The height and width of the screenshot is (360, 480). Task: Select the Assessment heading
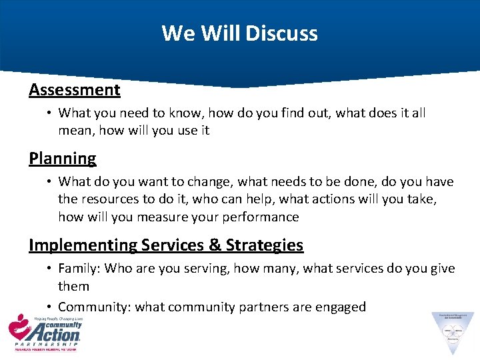(x=75, y=89)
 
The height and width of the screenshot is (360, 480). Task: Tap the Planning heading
(x=63, y=158)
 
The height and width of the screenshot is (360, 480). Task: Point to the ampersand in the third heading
(x=215, y=245)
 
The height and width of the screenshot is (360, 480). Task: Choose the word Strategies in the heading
(x=265, y=245)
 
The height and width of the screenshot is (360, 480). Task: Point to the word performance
(x=259, y=217)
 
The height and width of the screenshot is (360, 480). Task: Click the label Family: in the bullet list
(x=79, y=268)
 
